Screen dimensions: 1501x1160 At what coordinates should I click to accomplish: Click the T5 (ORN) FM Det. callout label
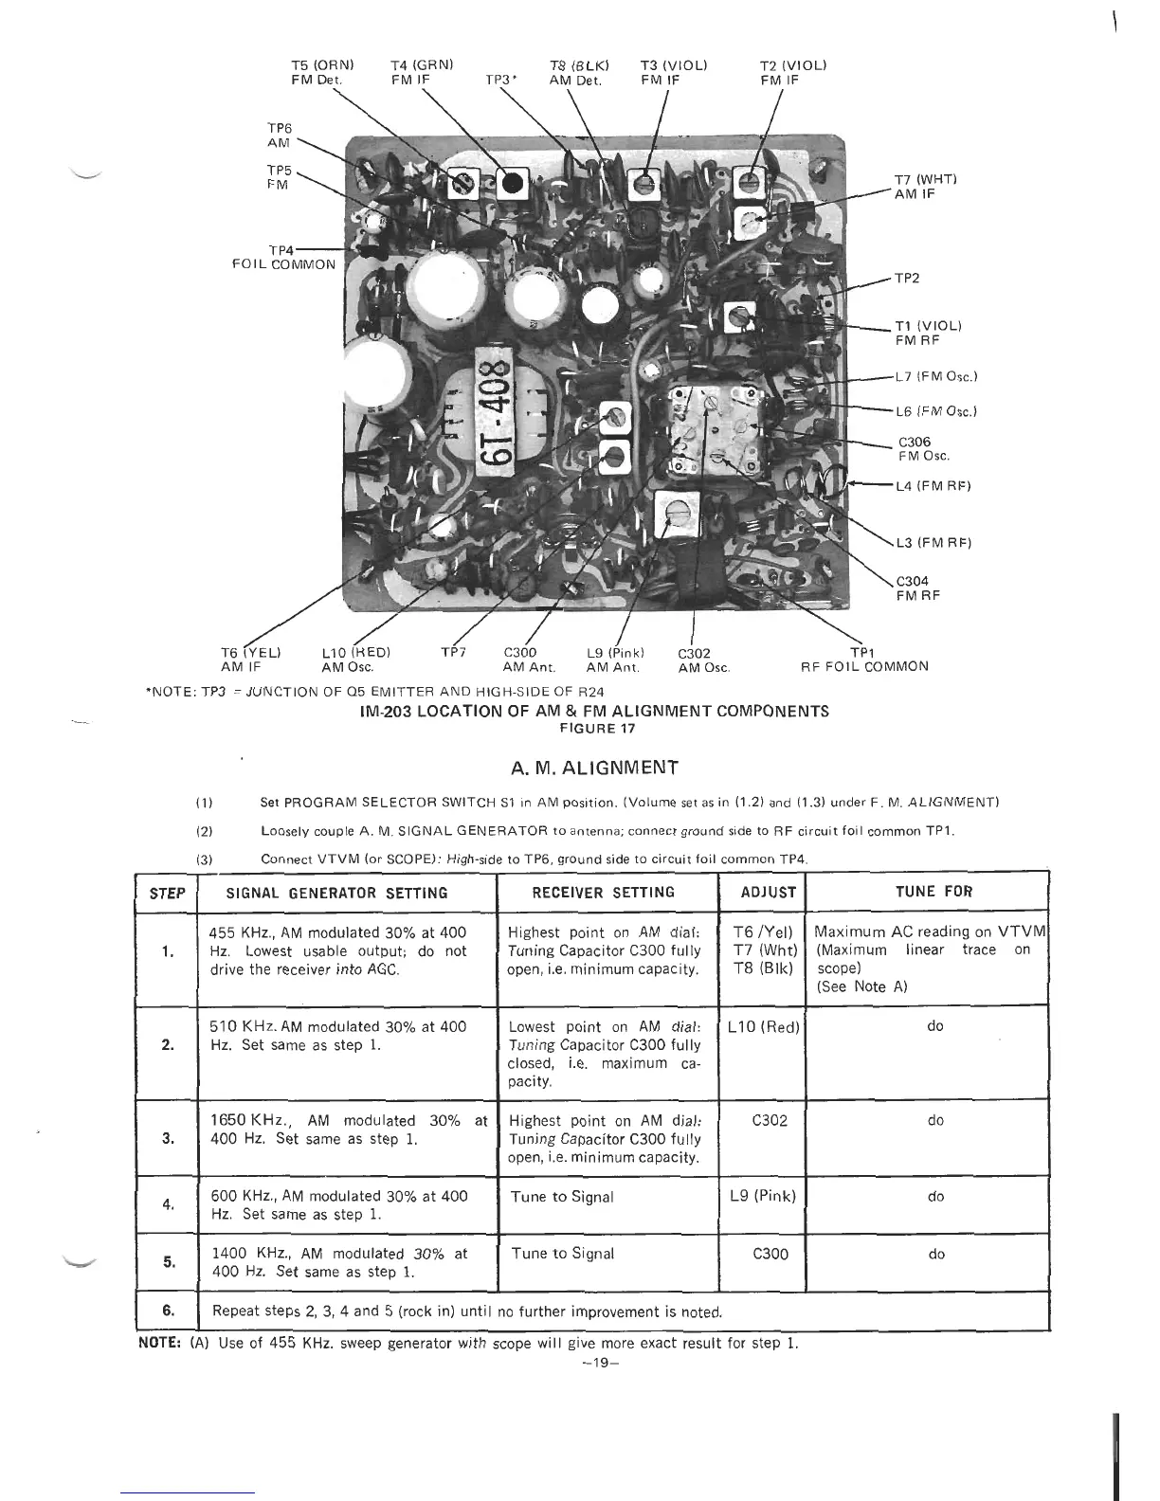[x=322, y=73]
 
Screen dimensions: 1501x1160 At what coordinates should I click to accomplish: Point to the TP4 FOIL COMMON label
[x=284, y=257]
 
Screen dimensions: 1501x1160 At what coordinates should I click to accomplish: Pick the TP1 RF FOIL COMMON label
[x=863, y=659]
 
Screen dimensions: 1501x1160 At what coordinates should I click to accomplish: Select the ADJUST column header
[x=769, y=892]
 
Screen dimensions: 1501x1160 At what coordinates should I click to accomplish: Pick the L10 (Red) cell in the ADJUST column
[x=764, y=1027]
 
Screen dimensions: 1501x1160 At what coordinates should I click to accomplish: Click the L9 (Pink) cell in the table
[x=764, y=1196]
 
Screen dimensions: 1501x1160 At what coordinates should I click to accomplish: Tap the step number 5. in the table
[x=168, y=1262]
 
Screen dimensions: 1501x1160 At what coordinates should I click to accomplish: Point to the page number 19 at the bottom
[x=593, y=1363]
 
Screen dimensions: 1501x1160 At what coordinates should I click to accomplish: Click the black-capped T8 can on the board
[x=513, y=184]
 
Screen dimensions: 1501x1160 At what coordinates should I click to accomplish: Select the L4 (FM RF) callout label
[x=933, y=486]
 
